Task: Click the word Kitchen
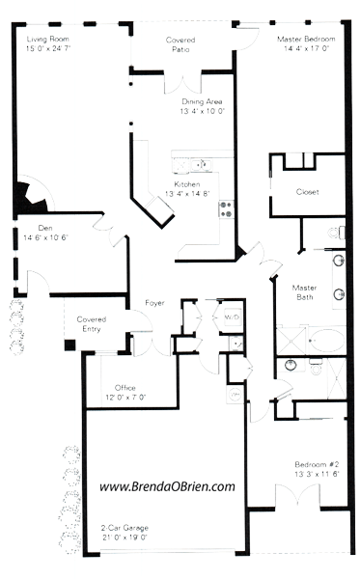(x=187, y=184)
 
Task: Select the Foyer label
(x=154, y=303)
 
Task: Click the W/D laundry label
(x=232, y=316)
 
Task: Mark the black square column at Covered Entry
(x=70, y=345)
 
